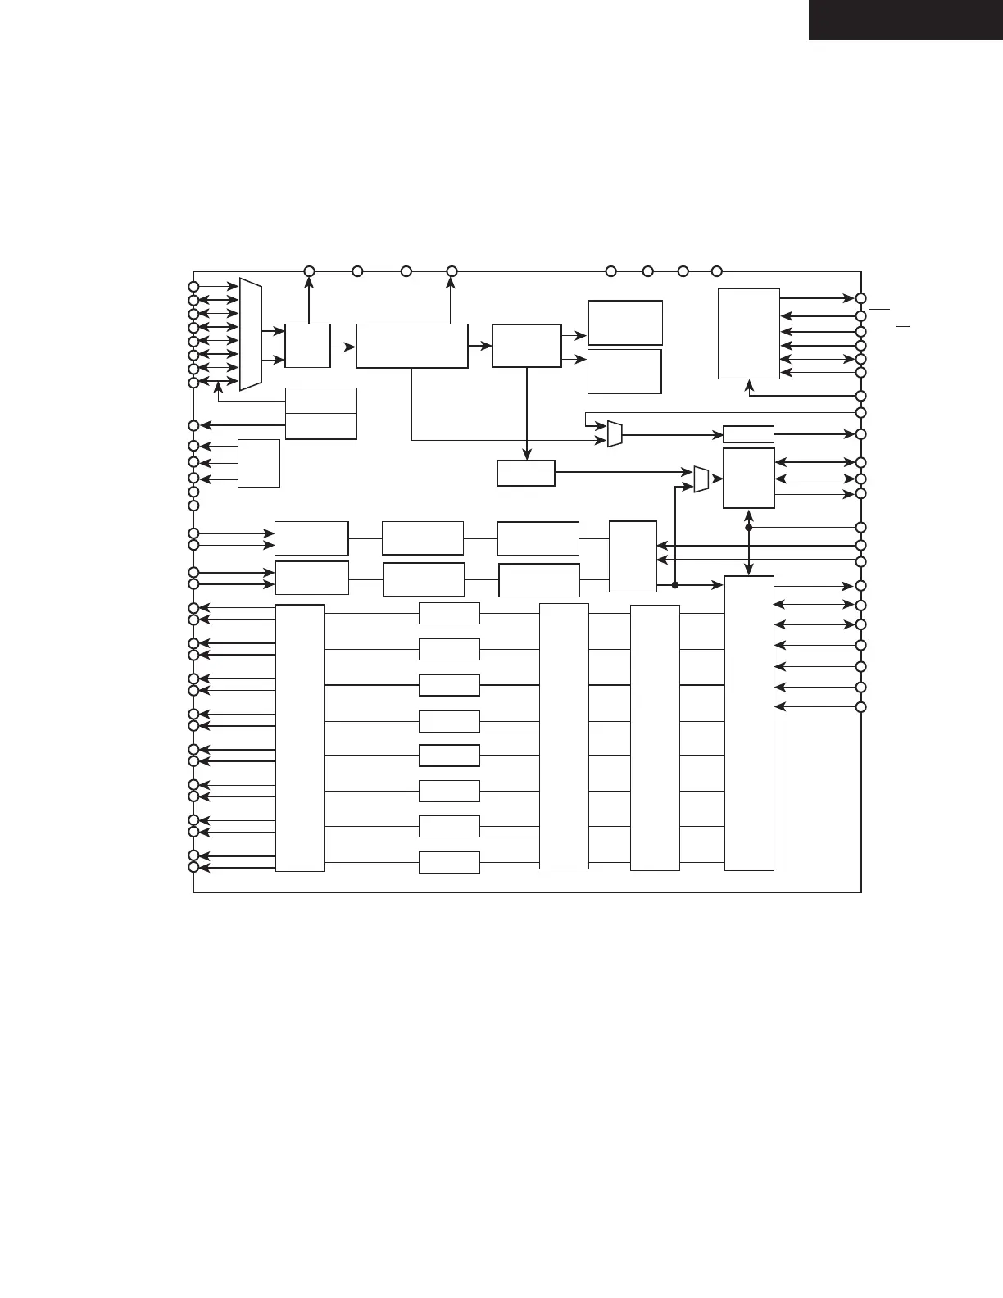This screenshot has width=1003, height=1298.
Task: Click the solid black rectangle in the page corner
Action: click(905, 20)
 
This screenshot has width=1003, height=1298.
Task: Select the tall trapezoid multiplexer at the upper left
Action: click(250, 334)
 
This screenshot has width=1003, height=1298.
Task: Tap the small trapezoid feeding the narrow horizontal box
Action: click(615, 433)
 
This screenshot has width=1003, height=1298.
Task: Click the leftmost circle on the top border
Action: click(309, 271)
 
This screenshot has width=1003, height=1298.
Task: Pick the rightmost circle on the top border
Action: click(716, 271)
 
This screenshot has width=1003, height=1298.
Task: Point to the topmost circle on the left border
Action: click(193, 287)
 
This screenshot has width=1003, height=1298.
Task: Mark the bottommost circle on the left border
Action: click(193, 867)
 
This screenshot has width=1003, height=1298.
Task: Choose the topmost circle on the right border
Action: click(860, 298)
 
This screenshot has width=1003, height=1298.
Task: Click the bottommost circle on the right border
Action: click(860, 707)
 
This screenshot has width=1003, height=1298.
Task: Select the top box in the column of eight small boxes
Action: click(449, 613)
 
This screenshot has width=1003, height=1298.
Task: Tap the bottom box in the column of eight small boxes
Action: click(449, 862)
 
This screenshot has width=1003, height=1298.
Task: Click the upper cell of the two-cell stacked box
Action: click(320, 401)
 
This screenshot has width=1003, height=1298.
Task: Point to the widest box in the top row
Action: click(411, 346)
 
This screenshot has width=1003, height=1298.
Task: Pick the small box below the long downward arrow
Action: click(525, 473)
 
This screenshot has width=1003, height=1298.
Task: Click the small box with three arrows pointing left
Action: click(258, 463)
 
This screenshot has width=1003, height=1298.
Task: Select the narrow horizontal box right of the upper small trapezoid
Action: click(748, 434)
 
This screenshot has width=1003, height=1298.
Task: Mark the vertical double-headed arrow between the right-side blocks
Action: click(749, 542)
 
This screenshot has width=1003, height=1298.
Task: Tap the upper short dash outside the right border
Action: click(879, 310)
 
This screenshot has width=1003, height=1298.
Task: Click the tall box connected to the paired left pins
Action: click(299, 737)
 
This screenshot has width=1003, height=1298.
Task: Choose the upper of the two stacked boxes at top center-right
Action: click(625, 322)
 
